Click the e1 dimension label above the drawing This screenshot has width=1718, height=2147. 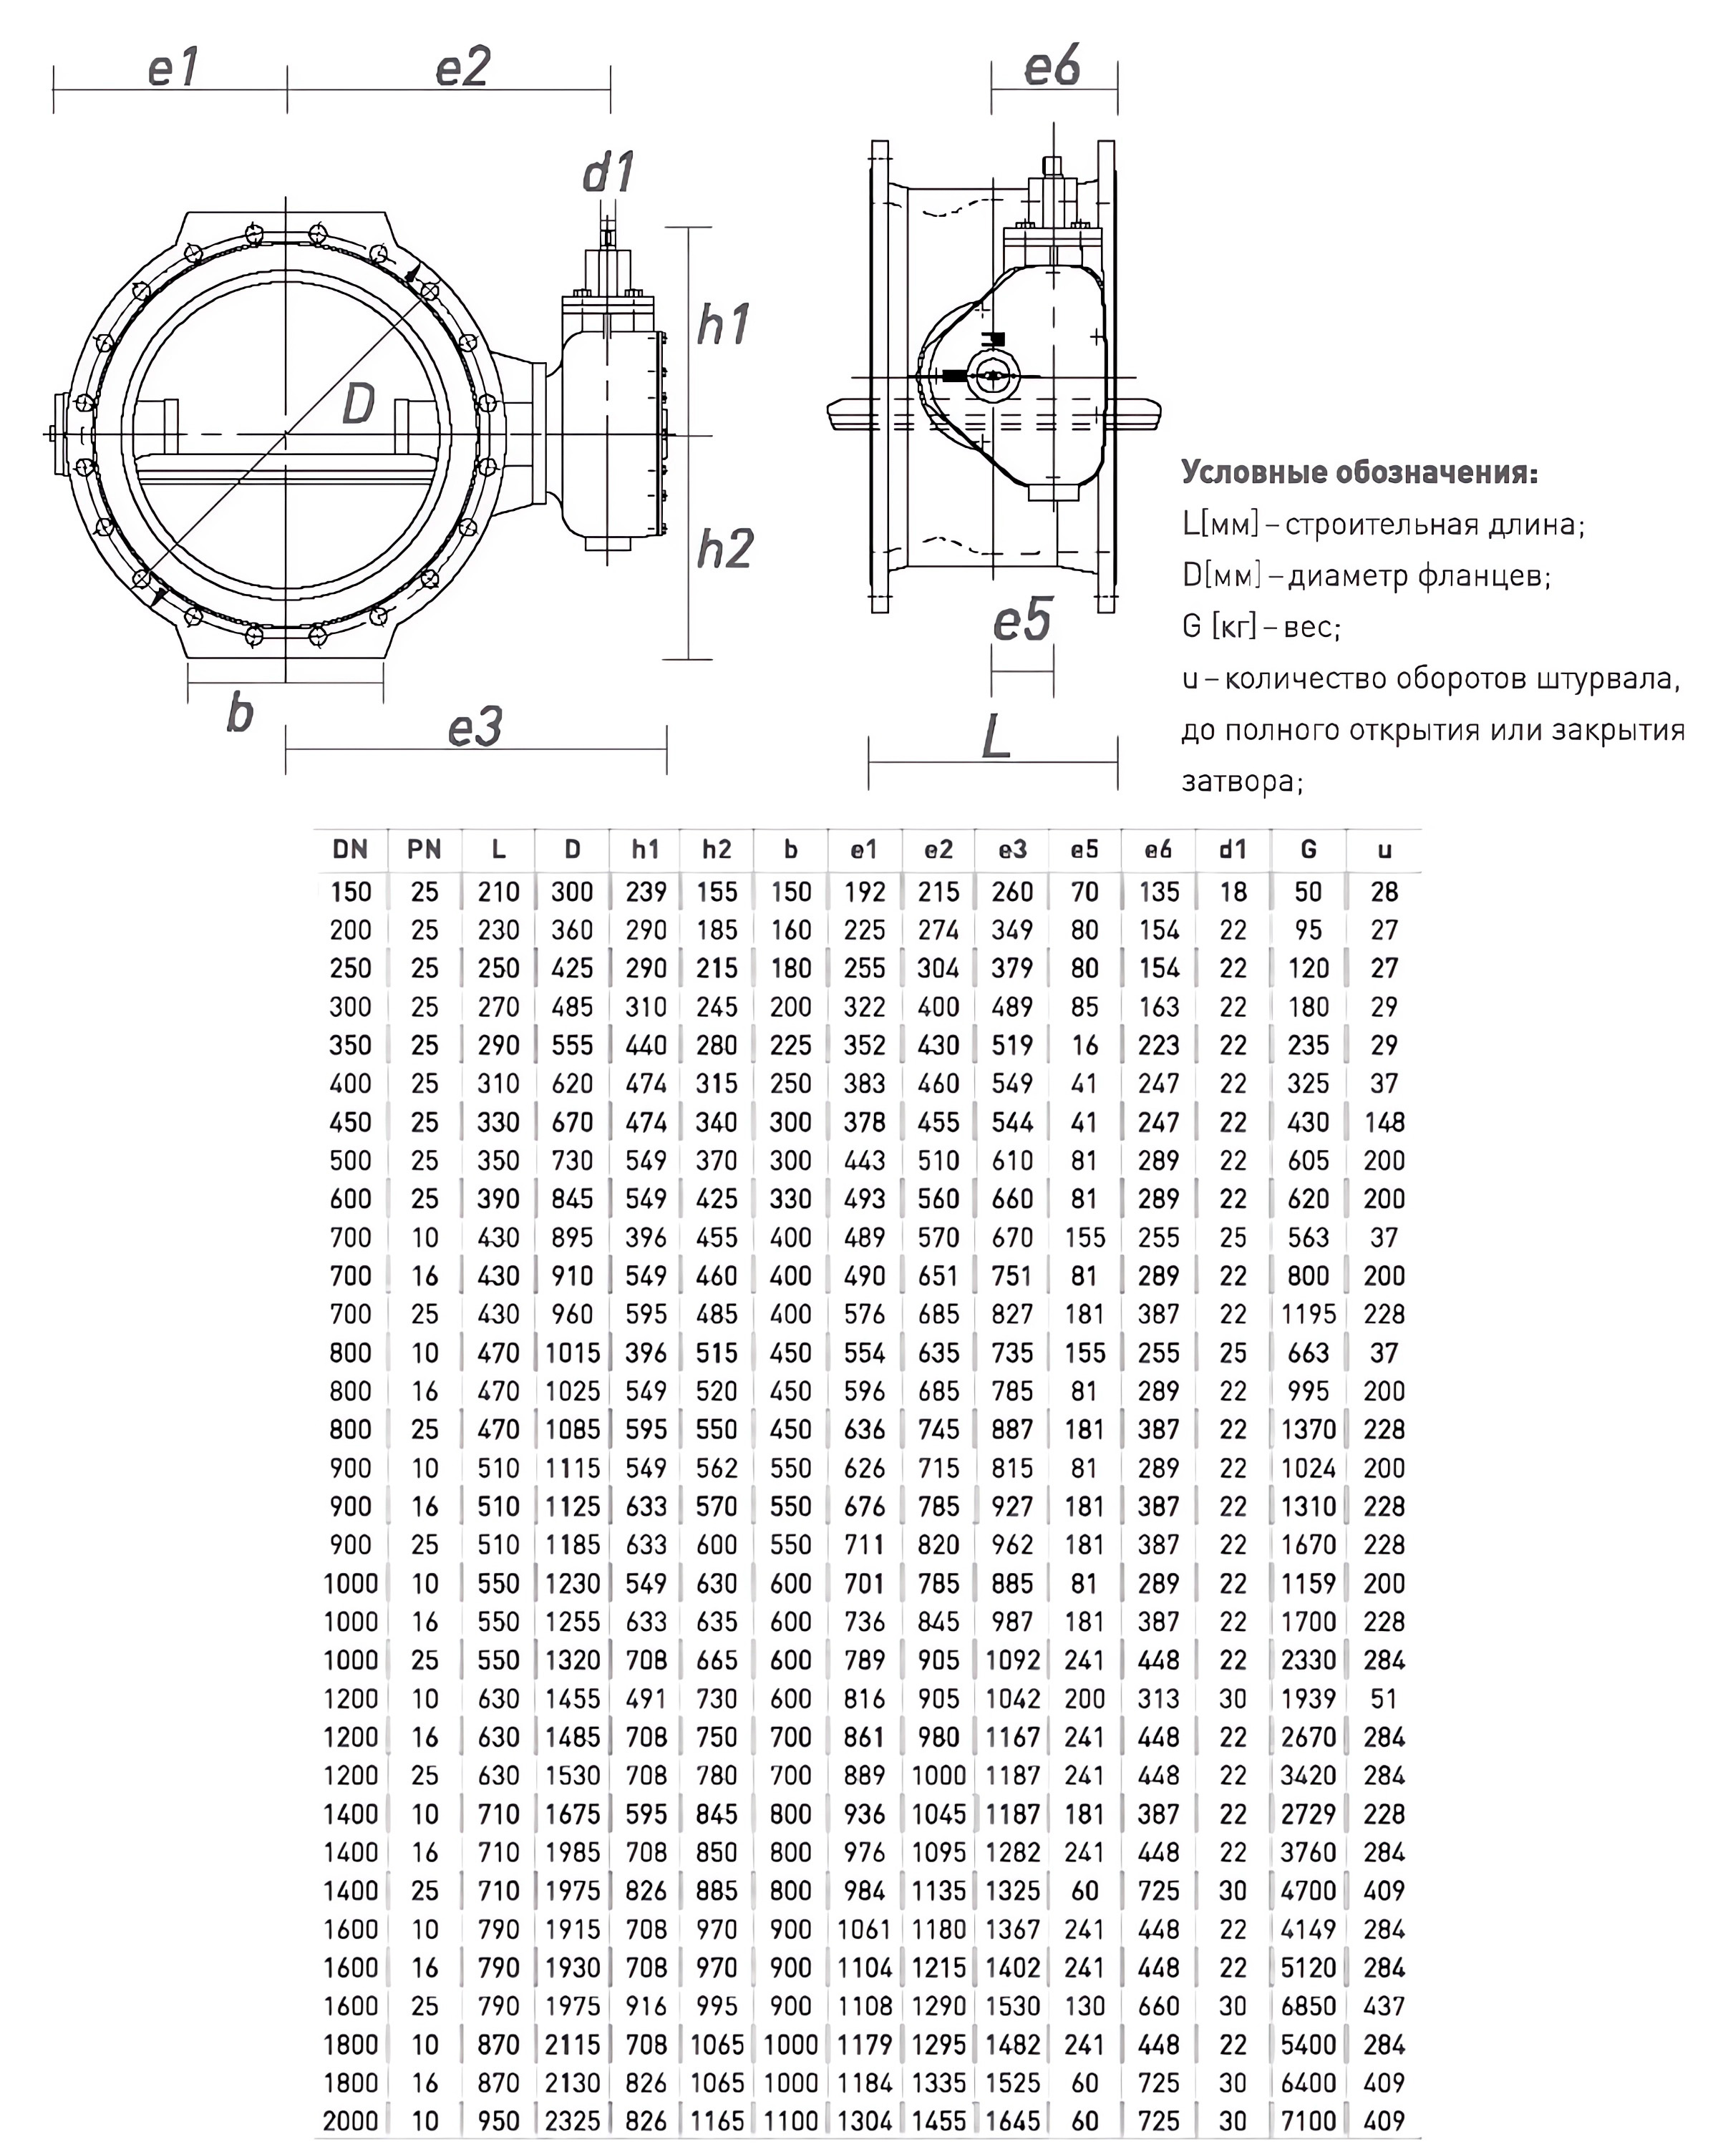coord(173,68)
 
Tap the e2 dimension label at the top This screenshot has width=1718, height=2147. coord(463,68)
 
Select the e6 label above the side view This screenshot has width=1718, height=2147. coord(1052,68)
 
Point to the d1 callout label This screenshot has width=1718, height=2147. coord(608,172)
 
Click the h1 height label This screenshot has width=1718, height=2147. coord(723,325)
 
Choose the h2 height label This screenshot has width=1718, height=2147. coord(724,549)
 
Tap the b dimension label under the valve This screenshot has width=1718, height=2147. coord(239,713)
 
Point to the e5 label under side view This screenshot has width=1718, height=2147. coord(1021,620)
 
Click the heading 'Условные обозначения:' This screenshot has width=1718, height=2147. coord(1359,472)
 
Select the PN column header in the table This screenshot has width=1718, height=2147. coord(424,849)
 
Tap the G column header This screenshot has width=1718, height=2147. coord(1308,849)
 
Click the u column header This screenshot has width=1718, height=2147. coord(1384,849)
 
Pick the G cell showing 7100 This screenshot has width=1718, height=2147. coord(1308,2121)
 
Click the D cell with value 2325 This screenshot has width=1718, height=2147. coord(573,2121)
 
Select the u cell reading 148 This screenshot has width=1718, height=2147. coord(1384,1122)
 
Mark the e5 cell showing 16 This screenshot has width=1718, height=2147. coord(1084,1046)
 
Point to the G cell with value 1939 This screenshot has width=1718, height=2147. coord(1308,1699)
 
